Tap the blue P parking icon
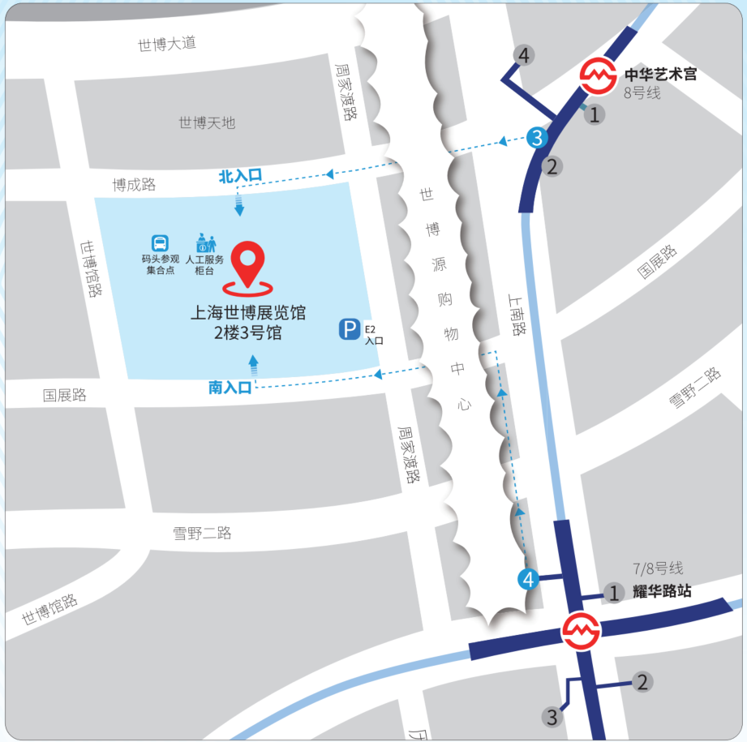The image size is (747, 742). click(349, 330)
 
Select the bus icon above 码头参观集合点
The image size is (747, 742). click(160, 242)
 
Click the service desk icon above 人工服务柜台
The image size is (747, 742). click(205, 242)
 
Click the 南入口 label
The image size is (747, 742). click(230, 388)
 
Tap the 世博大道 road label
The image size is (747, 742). click(167, 44)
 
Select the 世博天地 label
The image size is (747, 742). click(207, 123)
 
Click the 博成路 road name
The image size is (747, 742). click(134, 185)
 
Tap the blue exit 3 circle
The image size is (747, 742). click(536, 138)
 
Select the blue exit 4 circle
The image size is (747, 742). click(528, 580)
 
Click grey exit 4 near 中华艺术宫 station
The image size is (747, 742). click(524, 56)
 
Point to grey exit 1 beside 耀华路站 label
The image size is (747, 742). click(614, 593)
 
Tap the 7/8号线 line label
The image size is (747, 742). click(658, 568)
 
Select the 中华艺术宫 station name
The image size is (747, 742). click(660, 75)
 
